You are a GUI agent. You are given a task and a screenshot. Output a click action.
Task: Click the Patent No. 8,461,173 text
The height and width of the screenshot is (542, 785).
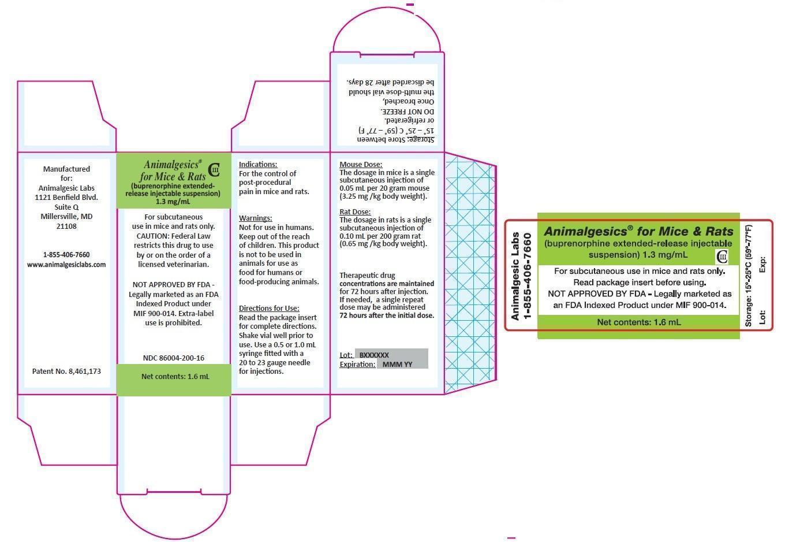pos(66,371)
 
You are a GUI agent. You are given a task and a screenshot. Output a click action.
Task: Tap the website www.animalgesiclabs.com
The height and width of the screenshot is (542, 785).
pos(66,265)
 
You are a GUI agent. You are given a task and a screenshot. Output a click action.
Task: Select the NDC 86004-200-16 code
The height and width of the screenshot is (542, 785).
pos(174,358)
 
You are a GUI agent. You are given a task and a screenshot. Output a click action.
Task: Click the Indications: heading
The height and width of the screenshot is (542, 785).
pos(258,164)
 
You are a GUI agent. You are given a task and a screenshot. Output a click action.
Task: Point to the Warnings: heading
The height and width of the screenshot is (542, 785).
pos(256,218)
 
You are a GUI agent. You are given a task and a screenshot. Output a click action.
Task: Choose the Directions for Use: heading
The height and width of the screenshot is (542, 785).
pos(269,308)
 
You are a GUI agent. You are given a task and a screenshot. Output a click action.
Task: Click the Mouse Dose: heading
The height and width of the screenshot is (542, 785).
pos(361,164)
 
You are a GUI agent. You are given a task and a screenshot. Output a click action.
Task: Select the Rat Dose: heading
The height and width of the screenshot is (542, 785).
pos(355,211)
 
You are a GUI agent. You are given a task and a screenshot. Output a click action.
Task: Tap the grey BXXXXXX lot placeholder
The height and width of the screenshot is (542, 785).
pos(374,355)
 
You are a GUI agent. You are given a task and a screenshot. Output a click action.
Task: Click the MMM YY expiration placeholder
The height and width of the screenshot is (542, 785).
pos(397,365)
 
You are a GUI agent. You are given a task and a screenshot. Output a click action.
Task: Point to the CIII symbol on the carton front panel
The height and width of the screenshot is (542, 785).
pos(214,170)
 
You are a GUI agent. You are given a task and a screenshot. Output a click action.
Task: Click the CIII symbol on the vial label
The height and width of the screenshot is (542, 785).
pos(722,257)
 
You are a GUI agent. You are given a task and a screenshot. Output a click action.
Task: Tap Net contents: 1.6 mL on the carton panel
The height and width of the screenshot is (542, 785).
pos(175,376)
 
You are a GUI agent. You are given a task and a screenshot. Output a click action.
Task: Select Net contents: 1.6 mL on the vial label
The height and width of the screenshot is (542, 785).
pos(639,322)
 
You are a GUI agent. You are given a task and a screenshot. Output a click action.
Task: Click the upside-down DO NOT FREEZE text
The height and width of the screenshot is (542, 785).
pos(408,112)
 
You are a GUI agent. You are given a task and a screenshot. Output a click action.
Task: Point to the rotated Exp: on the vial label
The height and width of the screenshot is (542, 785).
pos(762,265)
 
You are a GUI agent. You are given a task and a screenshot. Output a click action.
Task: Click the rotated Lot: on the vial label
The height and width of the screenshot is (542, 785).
pos(762,317)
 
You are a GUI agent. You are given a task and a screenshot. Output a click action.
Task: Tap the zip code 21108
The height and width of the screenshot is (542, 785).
pos(66,226)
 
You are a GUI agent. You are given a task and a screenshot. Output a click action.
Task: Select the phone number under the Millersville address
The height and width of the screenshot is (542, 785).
pos(66,254)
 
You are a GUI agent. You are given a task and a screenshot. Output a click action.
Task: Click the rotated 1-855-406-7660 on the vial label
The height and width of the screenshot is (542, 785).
pos(527,276)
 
